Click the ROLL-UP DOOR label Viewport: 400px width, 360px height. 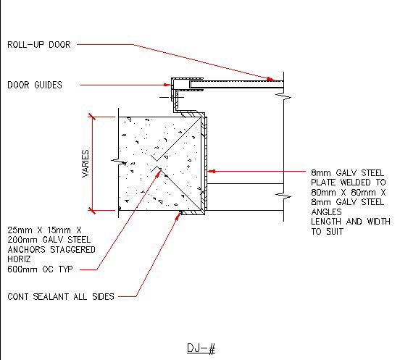(39, 45)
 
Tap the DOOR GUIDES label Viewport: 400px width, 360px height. (35, 85)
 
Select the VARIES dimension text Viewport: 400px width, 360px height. (86, 164)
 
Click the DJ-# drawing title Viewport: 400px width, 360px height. (201, 348)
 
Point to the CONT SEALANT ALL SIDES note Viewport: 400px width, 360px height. (61, 296)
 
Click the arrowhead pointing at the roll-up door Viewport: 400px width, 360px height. (271, 79)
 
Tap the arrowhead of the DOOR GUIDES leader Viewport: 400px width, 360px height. (167, 85)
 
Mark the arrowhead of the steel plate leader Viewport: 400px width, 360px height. (212, 172)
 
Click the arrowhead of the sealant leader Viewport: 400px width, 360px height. (178, 217)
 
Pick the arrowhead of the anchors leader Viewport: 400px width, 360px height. (159, 173)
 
